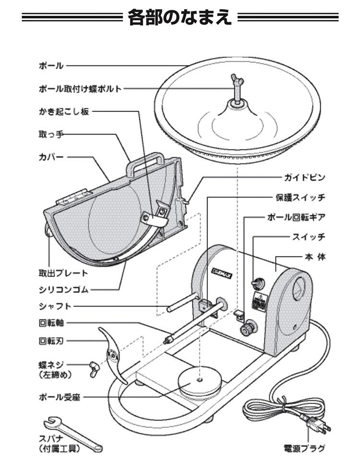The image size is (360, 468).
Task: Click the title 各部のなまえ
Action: click(x=180, y=19)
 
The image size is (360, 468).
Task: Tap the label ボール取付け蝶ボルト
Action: click(x=80, y=88)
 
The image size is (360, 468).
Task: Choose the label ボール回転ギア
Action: click(x=296, y=217)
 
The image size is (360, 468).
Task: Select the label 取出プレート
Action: click(x=63, y=273)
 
